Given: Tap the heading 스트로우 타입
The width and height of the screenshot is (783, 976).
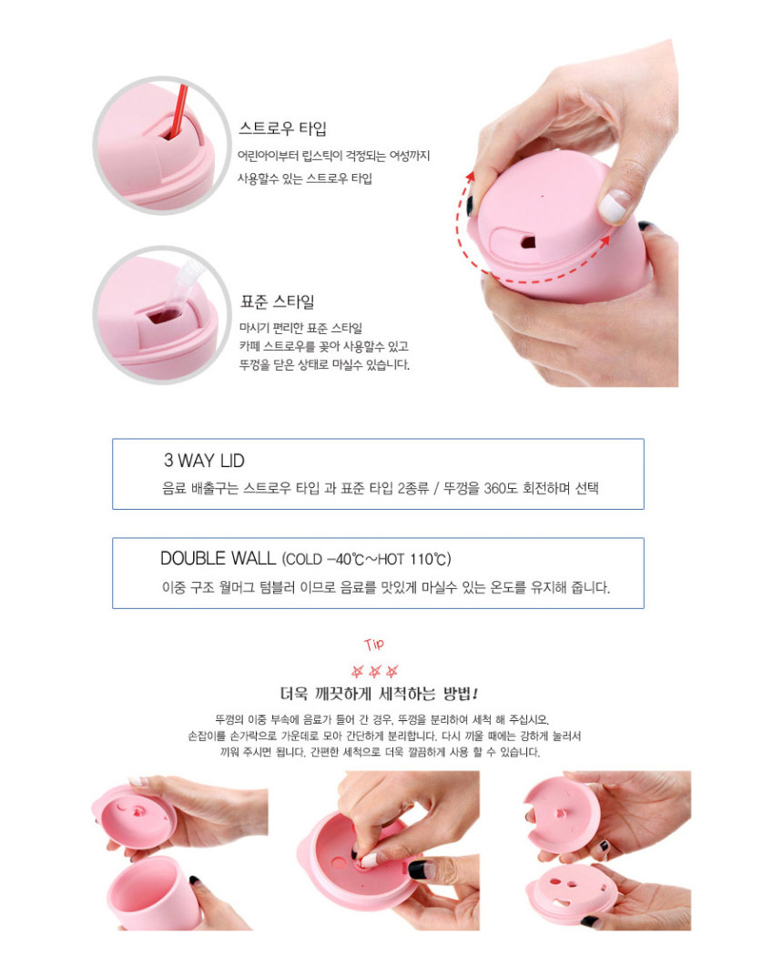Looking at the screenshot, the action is (x=282, y=129).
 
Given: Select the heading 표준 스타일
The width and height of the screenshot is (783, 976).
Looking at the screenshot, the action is (x=278, y=302).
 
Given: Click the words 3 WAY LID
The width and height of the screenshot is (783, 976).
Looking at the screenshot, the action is (x=204, y=461).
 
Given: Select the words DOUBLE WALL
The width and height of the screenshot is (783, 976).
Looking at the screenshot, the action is (x=218, y=558).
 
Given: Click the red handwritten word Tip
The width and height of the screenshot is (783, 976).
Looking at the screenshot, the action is (x=374, y=645).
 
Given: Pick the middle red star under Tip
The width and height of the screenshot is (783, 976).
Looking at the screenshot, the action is (x=374, y=672).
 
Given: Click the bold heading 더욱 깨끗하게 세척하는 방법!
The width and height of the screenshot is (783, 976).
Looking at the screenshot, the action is (x=379, y=694).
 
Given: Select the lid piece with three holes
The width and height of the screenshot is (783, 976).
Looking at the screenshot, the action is (x=572, y=890).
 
